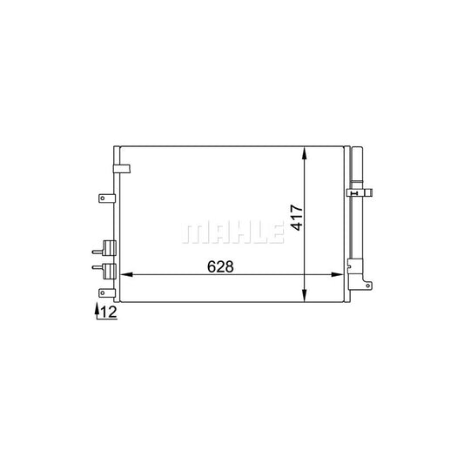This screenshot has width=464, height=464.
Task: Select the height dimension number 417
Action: coord(297,217)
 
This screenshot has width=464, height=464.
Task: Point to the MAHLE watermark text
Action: coord(232,232)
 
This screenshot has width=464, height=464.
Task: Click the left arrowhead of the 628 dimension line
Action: coord(123,276)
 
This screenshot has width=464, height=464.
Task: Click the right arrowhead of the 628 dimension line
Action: coord(339,276)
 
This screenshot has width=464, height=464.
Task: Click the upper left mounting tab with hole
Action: coord(104,198)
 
